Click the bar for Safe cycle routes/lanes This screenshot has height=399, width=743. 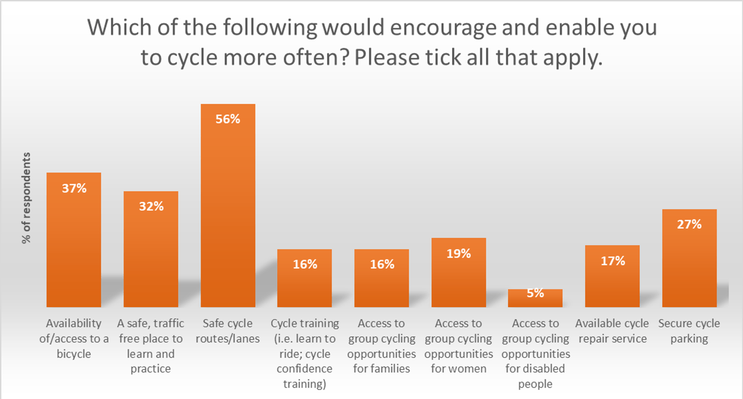click(x=228, y=214)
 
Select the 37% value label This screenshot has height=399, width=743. click(x=74, y=188)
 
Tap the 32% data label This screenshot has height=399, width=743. click(x=151, y=207)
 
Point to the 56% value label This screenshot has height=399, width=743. click(x=228, y=119)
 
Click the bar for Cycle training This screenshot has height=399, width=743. click(x=304, y=285)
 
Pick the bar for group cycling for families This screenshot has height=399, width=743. click(x=381, y=285)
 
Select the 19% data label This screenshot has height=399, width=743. click(x=458, y=254)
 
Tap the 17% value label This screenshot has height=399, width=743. click(x=612, y=261)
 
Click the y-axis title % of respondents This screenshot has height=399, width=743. click(x=27, y=198)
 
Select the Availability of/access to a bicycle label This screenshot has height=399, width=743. click(x=74, y=339)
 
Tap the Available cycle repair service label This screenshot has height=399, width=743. click(x=612, y=331)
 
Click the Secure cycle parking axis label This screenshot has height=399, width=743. click(x=689, y=331)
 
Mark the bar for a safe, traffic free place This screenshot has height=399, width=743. click(x=151, y=257)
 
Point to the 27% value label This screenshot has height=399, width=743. click(x=689, y=225)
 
